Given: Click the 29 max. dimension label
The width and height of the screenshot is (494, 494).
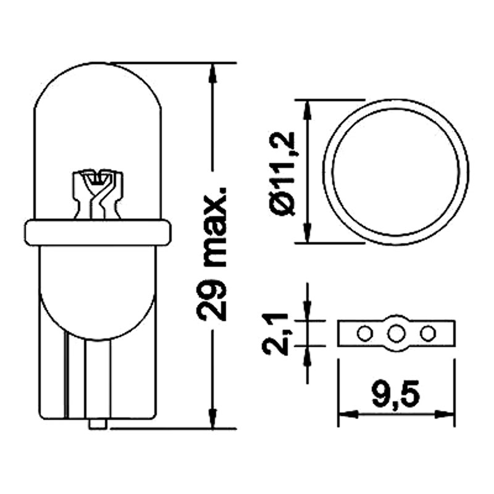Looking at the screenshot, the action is click(211, 254).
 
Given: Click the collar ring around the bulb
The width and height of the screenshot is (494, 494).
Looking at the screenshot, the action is click(98, 233).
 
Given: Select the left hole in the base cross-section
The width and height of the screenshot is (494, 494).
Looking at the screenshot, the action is click(364, 333).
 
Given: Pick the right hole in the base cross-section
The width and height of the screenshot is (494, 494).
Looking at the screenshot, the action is click(428, 333).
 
